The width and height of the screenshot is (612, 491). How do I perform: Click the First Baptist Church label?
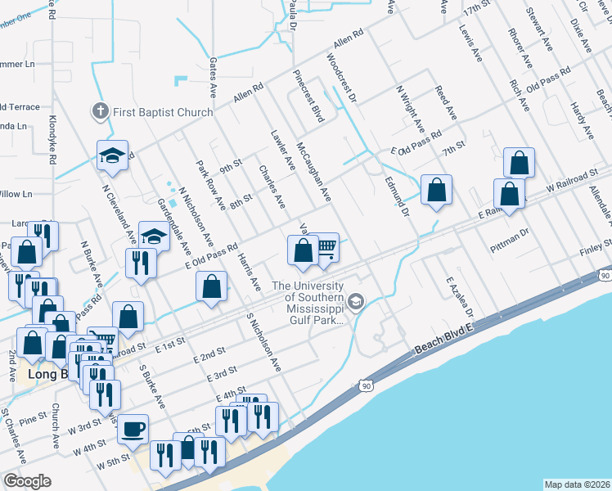[162, 112]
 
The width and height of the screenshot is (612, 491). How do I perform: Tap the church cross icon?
[101, 111]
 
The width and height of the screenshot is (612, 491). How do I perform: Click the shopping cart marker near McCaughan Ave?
[326, 247]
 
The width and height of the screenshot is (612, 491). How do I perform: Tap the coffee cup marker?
[133, 429]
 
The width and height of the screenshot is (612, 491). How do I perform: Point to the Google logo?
[28, 481]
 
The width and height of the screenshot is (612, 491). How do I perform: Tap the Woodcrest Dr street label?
[341, 79]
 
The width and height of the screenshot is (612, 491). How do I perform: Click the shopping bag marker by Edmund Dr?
[436, 190]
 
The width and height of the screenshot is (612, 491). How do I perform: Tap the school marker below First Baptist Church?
[113, 155]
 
